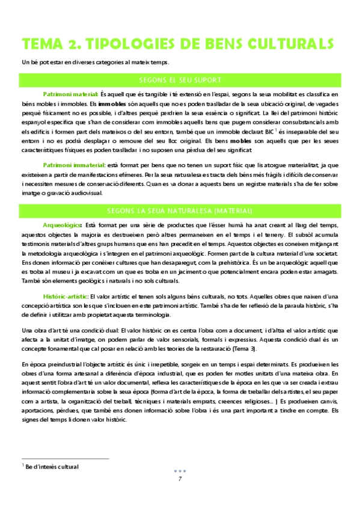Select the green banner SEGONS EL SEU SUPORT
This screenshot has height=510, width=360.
point(180,80)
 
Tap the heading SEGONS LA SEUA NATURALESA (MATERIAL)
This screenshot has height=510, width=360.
point(180,210)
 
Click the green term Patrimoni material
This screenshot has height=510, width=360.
point(70,94)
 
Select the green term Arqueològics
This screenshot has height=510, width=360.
point(64,224)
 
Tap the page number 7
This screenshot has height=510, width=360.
point(180,479)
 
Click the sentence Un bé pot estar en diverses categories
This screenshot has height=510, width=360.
point(96,62)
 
